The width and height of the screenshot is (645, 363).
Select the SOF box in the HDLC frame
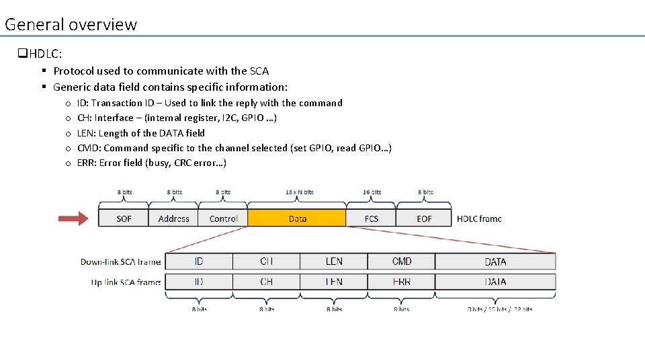(124, 218)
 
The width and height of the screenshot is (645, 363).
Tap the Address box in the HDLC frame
(173, 218)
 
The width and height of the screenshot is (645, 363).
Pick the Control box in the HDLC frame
(223, 218)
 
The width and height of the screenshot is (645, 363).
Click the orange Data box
(297, 218)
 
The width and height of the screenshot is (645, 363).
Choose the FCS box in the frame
(371, 218)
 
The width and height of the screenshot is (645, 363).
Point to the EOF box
(424, 218)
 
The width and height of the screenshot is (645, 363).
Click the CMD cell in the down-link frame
(401, 261)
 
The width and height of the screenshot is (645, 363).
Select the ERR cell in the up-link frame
(401, 282)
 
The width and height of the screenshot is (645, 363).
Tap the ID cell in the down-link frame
(199, 261)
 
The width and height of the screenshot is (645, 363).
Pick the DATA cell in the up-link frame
(495, 282)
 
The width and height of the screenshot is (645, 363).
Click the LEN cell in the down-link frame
(334, 261)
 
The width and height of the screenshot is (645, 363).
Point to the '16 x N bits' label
(299, 192)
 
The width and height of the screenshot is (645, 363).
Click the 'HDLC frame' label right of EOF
(479, 218)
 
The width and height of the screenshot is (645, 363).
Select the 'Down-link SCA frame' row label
(120, 262)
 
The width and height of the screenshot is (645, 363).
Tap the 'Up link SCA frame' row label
(126, 282)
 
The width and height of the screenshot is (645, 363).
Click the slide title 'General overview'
(71, 25)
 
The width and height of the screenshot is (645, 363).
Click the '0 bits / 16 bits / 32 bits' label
(500, 309)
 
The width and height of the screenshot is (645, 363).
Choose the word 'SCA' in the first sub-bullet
(259, 71)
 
